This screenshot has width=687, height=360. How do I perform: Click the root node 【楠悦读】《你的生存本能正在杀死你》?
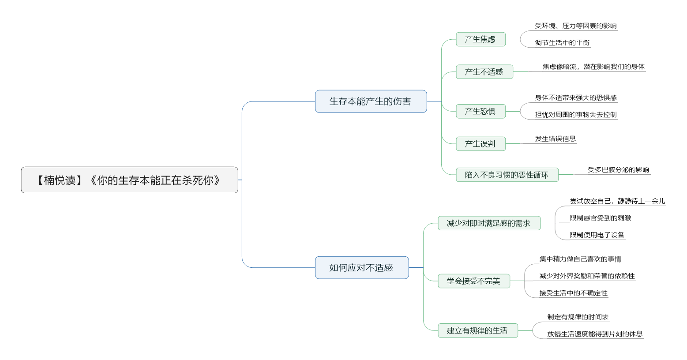[x=129, y=180]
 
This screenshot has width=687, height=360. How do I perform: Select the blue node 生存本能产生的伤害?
[x=371, y=101]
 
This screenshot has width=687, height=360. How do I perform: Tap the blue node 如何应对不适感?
[x=362, y=268]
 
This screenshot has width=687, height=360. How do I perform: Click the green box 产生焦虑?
[x=481, y=39]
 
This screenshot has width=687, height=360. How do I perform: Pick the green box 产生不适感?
[x=484, y=72]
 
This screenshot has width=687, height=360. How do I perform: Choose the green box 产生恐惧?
[x=481, y=111]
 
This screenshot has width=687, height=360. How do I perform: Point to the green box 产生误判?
[x=481, y=144]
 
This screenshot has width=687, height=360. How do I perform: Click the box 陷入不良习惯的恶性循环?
[x=507, y=175]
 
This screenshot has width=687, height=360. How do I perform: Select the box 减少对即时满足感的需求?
[x=489, y=223]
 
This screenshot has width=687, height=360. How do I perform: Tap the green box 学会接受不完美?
[x=474, y=281]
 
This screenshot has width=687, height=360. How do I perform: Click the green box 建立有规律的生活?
[x=478, y=330]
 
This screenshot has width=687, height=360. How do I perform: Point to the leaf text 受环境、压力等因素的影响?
[x=576, y=26]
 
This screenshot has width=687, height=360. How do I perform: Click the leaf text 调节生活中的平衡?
[x=562, y=43]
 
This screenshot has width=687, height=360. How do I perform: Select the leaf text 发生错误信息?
[x=556, y=139]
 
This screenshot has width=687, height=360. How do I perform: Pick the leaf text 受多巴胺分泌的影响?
[x=618, y=169]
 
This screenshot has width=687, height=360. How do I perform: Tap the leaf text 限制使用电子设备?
[x=597, y=235]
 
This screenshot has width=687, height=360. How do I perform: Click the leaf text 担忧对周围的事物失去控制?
[x=576, y=115]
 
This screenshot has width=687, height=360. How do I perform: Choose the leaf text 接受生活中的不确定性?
[x=574, y=293]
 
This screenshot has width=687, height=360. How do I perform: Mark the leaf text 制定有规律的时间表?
[x=578, y=317]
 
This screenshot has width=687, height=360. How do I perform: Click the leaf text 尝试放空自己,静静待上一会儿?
[x=617, y=201]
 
